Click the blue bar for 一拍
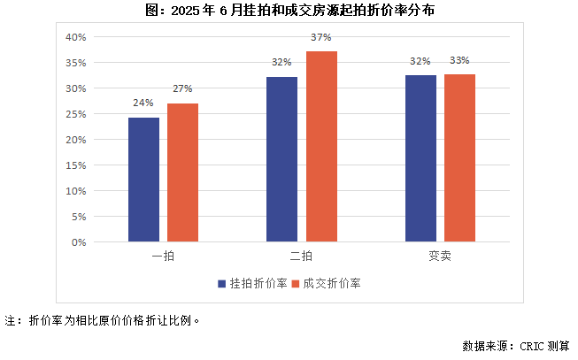point(143,180)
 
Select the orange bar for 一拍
point(182,172)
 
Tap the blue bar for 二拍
point(281,159)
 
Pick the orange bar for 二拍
point(321,146)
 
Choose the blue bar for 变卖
point(420,158)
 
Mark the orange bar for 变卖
point(459,157)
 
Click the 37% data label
point(321,38)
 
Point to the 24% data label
point(143,103)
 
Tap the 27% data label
point(182,89)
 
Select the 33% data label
point(459,61)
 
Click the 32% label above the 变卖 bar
point(420,61)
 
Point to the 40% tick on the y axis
point(74,37)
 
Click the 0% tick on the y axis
point(78,241)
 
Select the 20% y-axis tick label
point(74,140)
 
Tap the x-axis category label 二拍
point(301,256)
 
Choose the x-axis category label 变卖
point(440,256)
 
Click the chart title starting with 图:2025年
point(289,11)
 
